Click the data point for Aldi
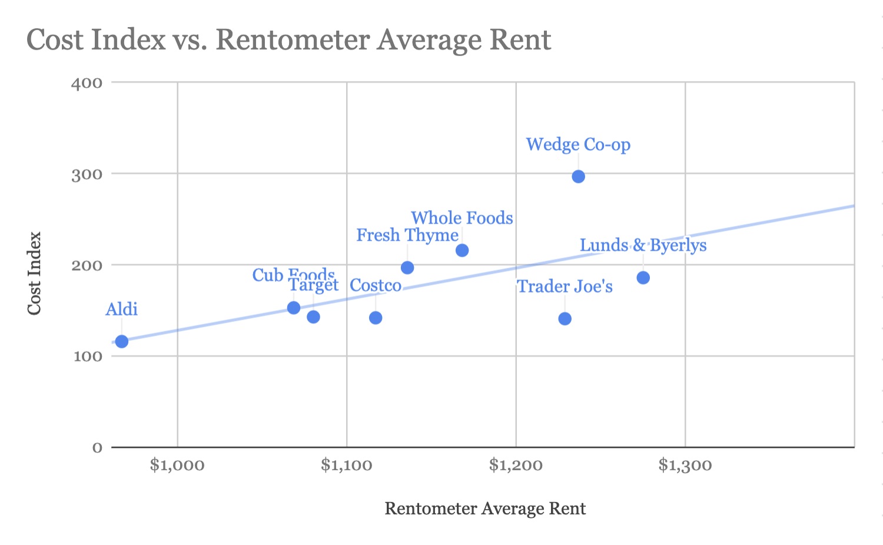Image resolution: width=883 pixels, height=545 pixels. tap(122, 341)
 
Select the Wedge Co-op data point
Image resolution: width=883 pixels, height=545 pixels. tap(579, 177)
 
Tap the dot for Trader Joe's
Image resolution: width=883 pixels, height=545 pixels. tap(565, 319)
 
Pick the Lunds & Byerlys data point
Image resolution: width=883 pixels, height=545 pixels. tap(643, 278)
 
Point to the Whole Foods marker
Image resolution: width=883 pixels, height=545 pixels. tap(462, 251)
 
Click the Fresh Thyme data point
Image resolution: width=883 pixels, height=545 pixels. tap(407, 268)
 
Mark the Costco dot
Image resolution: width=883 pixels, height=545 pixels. tap(376, 318)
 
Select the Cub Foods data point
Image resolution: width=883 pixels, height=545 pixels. tap(294, 308)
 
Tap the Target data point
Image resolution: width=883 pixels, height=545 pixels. tap(313, 317)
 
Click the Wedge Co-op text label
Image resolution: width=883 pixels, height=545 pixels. tap(578, 145)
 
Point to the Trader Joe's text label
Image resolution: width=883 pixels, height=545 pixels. tap(565, 287)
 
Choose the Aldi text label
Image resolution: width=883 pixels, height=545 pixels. tap(122, 310)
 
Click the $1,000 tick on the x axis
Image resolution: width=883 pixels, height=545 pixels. tap(177, 466)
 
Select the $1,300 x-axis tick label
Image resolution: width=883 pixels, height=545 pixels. tap(685, 466)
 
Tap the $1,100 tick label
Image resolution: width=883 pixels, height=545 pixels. tap(347, 466)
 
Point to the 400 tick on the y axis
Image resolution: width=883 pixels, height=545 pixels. tap(87, 83)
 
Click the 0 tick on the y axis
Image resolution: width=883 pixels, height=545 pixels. tap(97, 448)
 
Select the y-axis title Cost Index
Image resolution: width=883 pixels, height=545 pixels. tap(35, 273)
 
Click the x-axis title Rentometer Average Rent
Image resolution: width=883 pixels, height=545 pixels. tap(485, 509)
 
